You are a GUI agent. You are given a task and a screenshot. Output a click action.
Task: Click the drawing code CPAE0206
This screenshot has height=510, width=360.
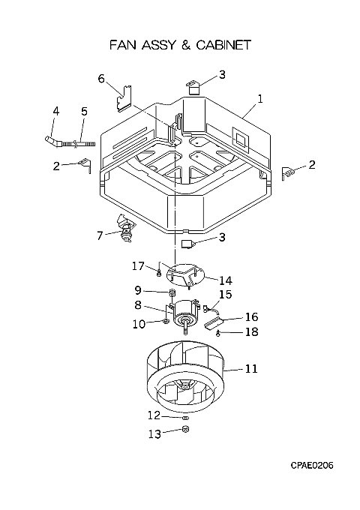click(312, 465)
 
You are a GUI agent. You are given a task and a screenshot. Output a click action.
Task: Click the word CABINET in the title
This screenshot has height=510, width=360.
click(223, 45)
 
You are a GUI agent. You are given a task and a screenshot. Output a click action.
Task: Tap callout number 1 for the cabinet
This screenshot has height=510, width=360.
click(259, 99)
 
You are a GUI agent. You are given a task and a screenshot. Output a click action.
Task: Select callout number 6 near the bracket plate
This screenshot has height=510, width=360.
click(101, 79)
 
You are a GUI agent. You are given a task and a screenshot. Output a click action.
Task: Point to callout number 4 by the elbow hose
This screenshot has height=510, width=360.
click(56, 111)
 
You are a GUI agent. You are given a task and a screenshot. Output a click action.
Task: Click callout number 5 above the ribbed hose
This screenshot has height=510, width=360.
click(84, 112)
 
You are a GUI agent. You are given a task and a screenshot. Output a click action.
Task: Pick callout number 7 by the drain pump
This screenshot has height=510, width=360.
click(100, 235)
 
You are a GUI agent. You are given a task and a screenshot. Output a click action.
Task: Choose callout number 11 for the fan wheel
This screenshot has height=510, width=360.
click(251, 368)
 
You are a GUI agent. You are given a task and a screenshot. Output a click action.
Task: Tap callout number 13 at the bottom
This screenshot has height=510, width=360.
click(154, 433)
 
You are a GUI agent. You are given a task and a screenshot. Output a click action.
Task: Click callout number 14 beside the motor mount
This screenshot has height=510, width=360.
click(226, 280)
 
